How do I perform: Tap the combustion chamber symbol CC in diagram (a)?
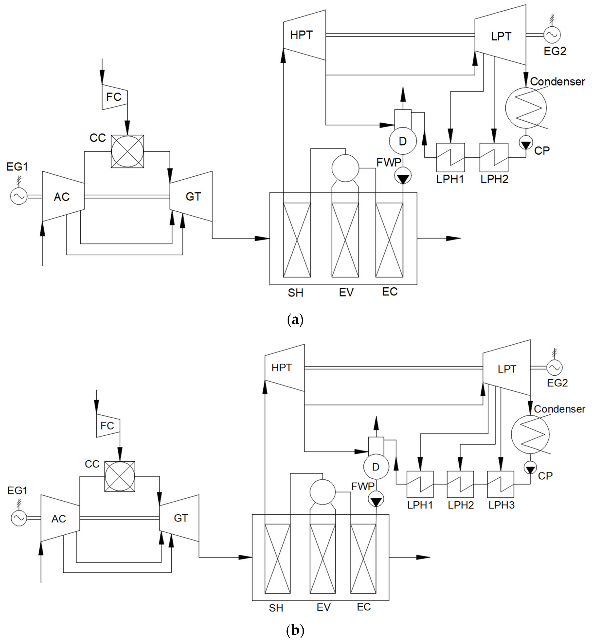click(127, 151)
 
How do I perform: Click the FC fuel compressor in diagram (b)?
click(108, 425)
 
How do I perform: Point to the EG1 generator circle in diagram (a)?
click(18, 196)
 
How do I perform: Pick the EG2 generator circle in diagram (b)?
click(554, 368)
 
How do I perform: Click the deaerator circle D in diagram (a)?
click(403, 141)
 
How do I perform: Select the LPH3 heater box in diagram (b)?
click(501, 484)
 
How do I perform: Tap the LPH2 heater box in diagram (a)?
click(494, 157)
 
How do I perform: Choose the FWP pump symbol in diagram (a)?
click(403, 177)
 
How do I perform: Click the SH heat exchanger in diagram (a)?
click(297, 240)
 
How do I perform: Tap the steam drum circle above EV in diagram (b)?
click(323, 492)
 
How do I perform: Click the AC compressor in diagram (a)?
click(63, 196)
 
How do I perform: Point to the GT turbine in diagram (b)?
click(180, 518)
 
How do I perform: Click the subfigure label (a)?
click(295, 320)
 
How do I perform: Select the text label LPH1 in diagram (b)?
click(420, 505)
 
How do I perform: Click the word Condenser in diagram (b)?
click(559, 409)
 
